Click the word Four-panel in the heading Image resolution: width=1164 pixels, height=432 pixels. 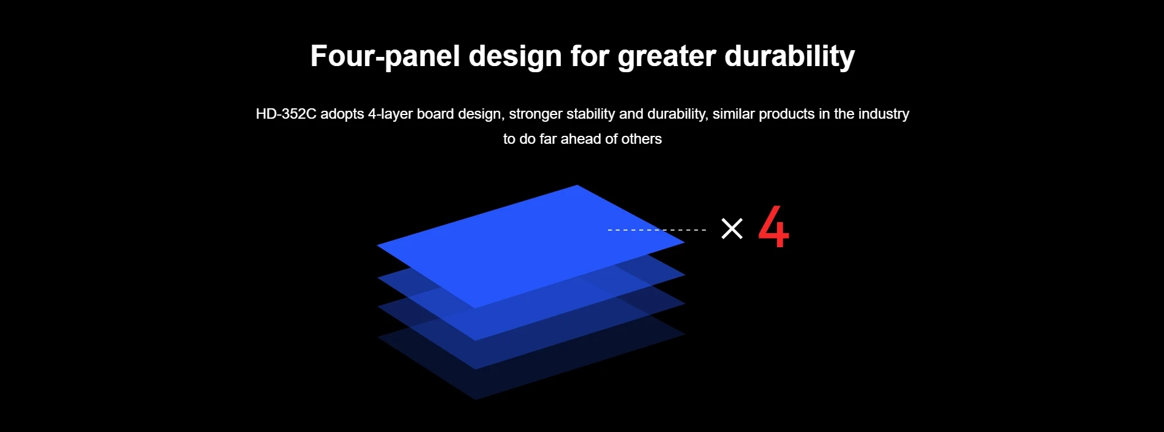[x=385, y=56]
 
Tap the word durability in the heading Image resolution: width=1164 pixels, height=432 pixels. [x=790, y=56]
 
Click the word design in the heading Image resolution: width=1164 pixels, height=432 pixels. [x=515, y=56]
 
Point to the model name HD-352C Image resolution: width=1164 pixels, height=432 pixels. [x=286, y=114]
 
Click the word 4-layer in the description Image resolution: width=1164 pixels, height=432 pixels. [x=390, y=114]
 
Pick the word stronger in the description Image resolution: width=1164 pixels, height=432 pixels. [x=536, y=114]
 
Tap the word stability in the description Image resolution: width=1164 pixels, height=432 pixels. [x=591, y=114]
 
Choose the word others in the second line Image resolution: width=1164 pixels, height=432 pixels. [x=642, y=139]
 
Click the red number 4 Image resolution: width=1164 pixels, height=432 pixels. [x=774, y=227]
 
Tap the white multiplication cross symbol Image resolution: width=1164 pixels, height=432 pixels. [x=732, y=229]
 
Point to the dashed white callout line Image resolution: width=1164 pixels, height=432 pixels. [x=656, y=230]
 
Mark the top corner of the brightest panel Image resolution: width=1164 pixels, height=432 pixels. [x=577, y=185]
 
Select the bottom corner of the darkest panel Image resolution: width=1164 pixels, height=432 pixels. [x=476, y=400]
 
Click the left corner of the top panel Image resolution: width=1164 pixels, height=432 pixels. [x=377, y=245]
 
